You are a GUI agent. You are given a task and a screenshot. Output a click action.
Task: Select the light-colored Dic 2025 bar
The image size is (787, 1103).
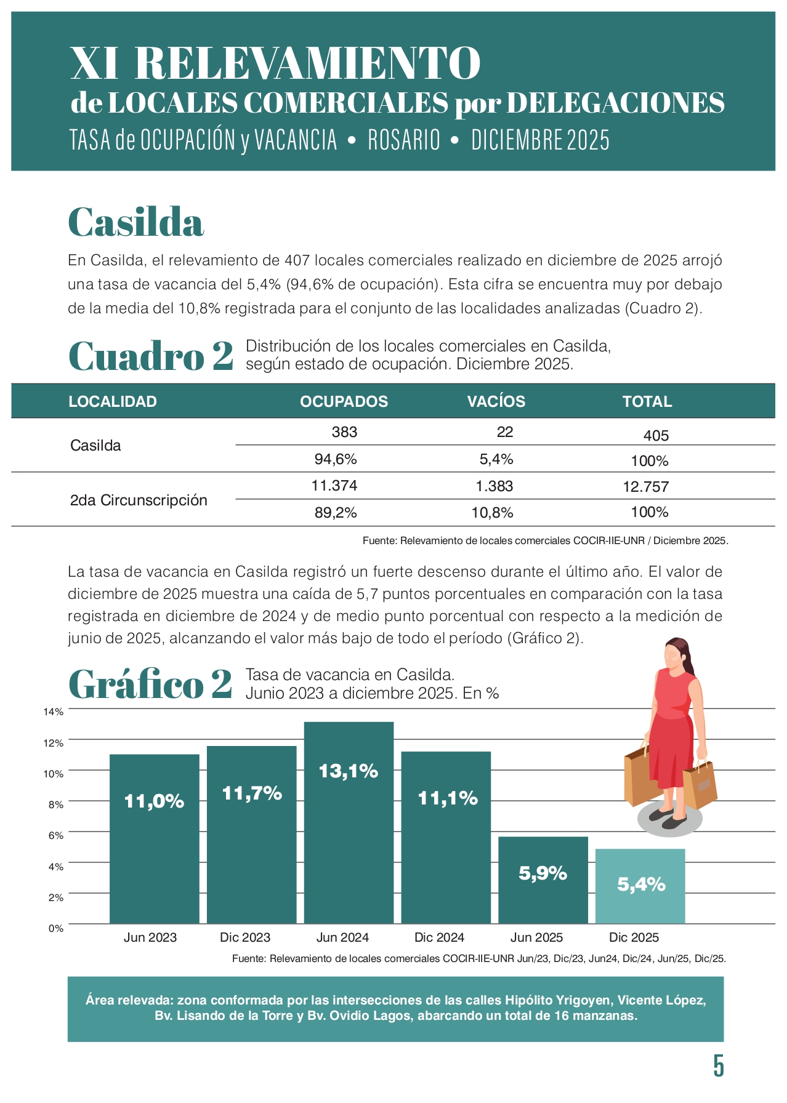tap(640, 886)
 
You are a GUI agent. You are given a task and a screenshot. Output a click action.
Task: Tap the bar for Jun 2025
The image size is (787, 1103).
tap(543, 880)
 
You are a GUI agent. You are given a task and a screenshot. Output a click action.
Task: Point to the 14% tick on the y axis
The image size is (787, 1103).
tap(54, 712)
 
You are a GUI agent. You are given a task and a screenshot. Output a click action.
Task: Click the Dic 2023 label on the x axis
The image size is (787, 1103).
tap(245, 937)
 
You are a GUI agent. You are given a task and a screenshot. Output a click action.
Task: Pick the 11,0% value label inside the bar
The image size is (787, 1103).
tap(154, 801)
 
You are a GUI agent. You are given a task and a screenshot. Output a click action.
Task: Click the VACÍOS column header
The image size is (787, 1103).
tap(496, 401)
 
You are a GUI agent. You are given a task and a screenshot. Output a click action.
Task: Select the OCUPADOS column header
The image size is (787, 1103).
tap(344, 401)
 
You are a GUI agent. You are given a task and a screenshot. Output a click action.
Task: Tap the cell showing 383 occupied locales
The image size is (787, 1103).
tap(344, 432)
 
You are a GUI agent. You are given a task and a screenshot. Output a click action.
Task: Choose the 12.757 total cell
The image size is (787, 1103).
tap(645, 487)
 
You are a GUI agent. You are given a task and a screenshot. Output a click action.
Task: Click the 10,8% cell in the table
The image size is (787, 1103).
tap(492, 513)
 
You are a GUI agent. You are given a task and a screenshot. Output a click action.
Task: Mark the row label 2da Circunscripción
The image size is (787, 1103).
tap(139, 500)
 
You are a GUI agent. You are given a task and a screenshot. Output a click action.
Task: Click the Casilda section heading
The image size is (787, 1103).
tap(135, 222)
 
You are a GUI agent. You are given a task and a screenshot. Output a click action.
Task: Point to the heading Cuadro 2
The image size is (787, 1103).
tap(151, 356)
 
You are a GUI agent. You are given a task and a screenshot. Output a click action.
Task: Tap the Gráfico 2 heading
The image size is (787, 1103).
tap(150, 684)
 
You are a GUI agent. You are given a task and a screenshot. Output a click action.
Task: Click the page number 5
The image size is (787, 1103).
tap(718, 1065)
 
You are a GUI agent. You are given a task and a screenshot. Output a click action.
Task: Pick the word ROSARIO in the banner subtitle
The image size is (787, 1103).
tap(404, 140)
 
